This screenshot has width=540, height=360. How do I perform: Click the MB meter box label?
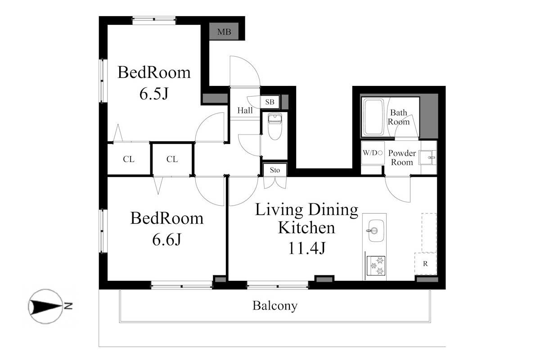point(224,31)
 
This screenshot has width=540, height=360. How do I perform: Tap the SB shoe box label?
point(270,102)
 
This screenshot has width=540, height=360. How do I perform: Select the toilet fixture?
point(275,126)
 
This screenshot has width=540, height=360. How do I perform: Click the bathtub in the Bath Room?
point(373,117)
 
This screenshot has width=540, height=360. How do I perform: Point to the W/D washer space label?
point(373,153)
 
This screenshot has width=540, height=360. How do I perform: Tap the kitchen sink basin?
point(376,230)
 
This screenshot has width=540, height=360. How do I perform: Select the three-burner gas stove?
point(376,265)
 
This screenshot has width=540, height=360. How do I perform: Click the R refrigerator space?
point(425,264)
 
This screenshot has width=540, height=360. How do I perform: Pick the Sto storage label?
point(275,170)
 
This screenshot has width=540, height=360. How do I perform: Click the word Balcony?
point(275,306)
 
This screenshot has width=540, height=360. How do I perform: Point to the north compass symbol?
point(46,306)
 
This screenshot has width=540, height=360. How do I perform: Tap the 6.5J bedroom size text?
point(154,94)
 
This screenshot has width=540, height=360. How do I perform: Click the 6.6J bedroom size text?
point(166,239)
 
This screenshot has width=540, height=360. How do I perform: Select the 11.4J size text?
point(306,248)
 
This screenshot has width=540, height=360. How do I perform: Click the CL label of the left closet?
point(129,159)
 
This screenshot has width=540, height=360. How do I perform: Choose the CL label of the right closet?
point(172,159)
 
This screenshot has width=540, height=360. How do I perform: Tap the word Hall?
point(245,110)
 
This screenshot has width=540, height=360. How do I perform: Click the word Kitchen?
point(306,227)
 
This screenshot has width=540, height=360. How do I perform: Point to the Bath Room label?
point(399,117)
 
